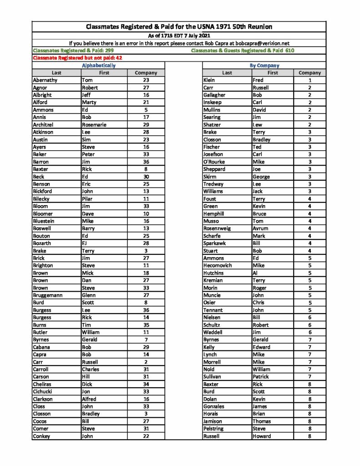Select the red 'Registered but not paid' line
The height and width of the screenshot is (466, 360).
coord(77,58)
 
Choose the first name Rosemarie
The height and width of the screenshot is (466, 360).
coord(94,125)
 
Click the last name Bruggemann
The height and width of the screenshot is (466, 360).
coord(48,295)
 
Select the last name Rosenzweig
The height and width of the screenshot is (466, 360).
coord(217,228)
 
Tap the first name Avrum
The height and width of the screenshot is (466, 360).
coord(260,228)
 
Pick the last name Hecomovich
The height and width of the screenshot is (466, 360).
coord(218,266)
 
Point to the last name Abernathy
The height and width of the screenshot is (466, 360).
coord(46,80)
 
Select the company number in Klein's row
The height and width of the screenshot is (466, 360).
coord(309,80)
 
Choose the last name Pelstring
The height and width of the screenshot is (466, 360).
coord(214,429)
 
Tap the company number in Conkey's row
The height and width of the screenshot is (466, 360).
coord(146,436)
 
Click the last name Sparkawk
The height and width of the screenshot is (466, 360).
coord(215,243)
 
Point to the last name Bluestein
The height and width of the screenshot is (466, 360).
coord(44,221)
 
